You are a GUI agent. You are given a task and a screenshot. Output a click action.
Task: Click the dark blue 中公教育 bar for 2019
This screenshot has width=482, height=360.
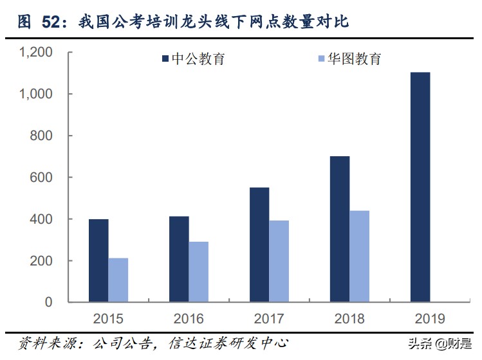point(420,187)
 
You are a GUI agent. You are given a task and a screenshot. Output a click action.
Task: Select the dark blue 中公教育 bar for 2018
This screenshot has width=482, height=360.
point(340,229)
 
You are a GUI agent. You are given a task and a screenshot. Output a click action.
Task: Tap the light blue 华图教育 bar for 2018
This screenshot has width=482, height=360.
point(360,256)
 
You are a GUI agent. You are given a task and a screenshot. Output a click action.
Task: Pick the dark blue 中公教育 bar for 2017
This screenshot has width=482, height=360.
point(259,245)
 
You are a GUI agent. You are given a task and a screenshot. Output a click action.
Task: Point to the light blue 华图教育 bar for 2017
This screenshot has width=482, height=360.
point(279,261)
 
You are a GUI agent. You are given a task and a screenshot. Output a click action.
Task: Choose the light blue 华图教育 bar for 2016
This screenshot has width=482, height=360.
point(199,272)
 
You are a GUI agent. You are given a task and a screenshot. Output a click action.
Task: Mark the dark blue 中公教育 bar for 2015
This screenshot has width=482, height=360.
point(98,260)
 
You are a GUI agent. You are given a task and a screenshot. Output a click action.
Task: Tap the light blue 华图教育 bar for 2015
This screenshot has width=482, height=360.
point(118,280)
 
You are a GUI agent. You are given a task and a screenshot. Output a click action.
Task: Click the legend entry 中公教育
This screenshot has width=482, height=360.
point(192,59)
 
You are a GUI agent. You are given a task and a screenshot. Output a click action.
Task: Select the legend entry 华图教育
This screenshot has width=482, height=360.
point(350,59)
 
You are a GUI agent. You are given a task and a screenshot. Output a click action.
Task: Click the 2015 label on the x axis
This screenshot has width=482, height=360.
point(108,318)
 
